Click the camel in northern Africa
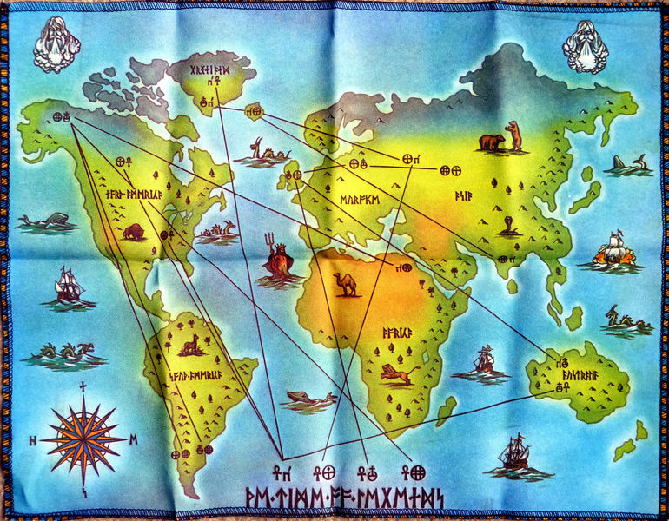346,284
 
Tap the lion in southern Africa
398,374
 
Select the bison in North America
134,232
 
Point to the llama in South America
189,346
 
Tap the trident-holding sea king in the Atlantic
279,258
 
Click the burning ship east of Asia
614,250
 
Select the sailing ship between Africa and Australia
484,359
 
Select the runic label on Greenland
210,69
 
